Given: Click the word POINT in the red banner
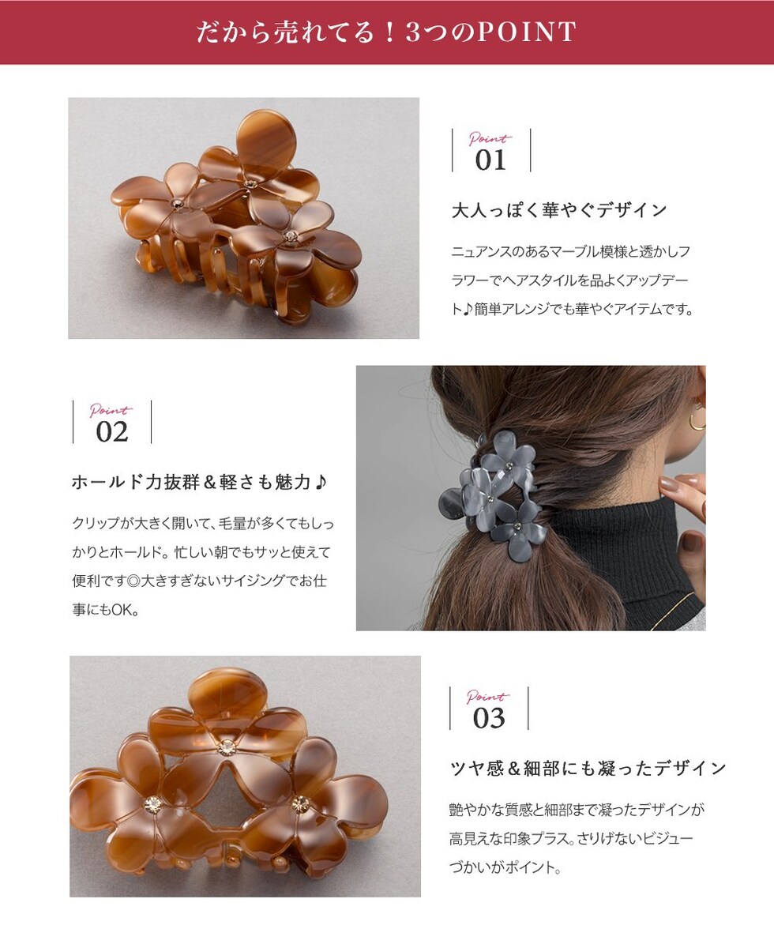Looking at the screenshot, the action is coord(527,32).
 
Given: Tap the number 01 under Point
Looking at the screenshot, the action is coord(490,160).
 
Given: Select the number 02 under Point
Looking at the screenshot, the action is coord(112,432).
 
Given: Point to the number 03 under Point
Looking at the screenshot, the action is coord(489,718).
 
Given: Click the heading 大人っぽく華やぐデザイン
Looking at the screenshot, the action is coord(560,210).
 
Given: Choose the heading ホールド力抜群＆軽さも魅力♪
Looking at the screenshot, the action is coord(199,482).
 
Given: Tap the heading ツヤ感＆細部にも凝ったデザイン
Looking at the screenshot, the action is coord(588,769).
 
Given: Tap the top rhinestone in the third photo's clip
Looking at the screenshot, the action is coord(225,748).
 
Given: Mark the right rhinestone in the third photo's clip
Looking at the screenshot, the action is coord(300,803).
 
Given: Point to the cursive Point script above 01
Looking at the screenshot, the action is coord(489,139).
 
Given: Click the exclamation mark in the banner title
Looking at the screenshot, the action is coord(389,32).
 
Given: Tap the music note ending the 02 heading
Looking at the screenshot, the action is coord(321,482).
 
